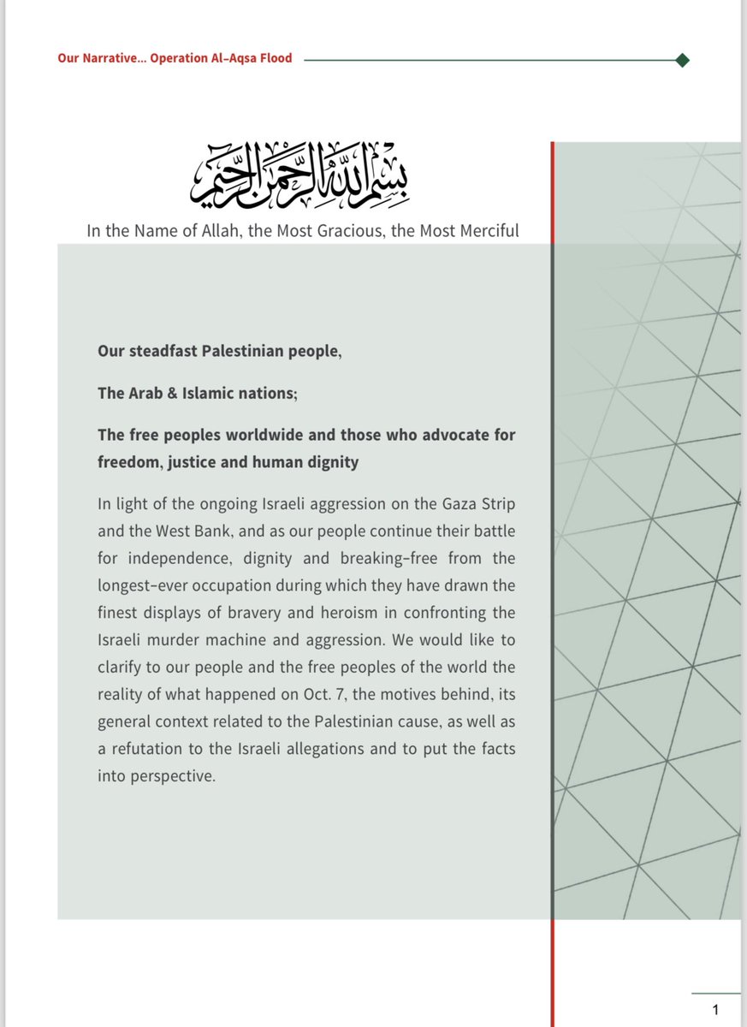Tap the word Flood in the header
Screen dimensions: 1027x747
pyautogui.click(x=275, y=59)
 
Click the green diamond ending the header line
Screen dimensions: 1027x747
pyautogui.click(x=682, y=60)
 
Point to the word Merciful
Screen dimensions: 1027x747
pyautogui.click(x=487, y=231)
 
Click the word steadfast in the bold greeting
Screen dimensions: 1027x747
pyautogui.click(x=162, y=352)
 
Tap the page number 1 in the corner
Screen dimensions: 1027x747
pyautogui.click(x=715, y=1008)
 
